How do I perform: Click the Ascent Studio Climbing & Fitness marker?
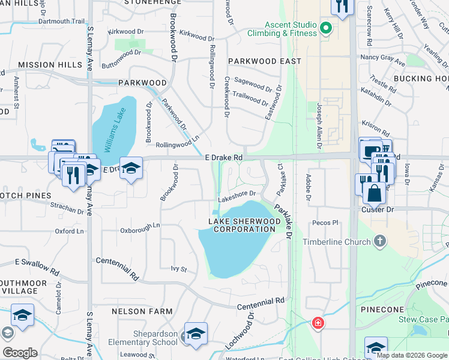click(x=326, y=28)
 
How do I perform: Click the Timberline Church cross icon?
click(x=379, y=241)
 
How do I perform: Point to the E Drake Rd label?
click(x=223, y=157)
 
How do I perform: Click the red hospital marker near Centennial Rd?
click(x=316, y=324)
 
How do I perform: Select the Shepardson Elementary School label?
click(x=142, y=338)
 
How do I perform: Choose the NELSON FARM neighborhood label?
click(x=142, y=311)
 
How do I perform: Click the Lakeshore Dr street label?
click(x=237, y=194)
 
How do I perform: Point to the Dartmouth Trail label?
click(x=62, y=21)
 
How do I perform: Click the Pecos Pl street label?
click(x=326, y=223)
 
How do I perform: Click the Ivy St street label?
click(x=179, y=269)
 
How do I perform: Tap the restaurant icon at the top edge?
click(x=342, y=7)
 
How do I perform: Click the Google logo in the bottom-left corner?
click(x=20, y=352)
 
